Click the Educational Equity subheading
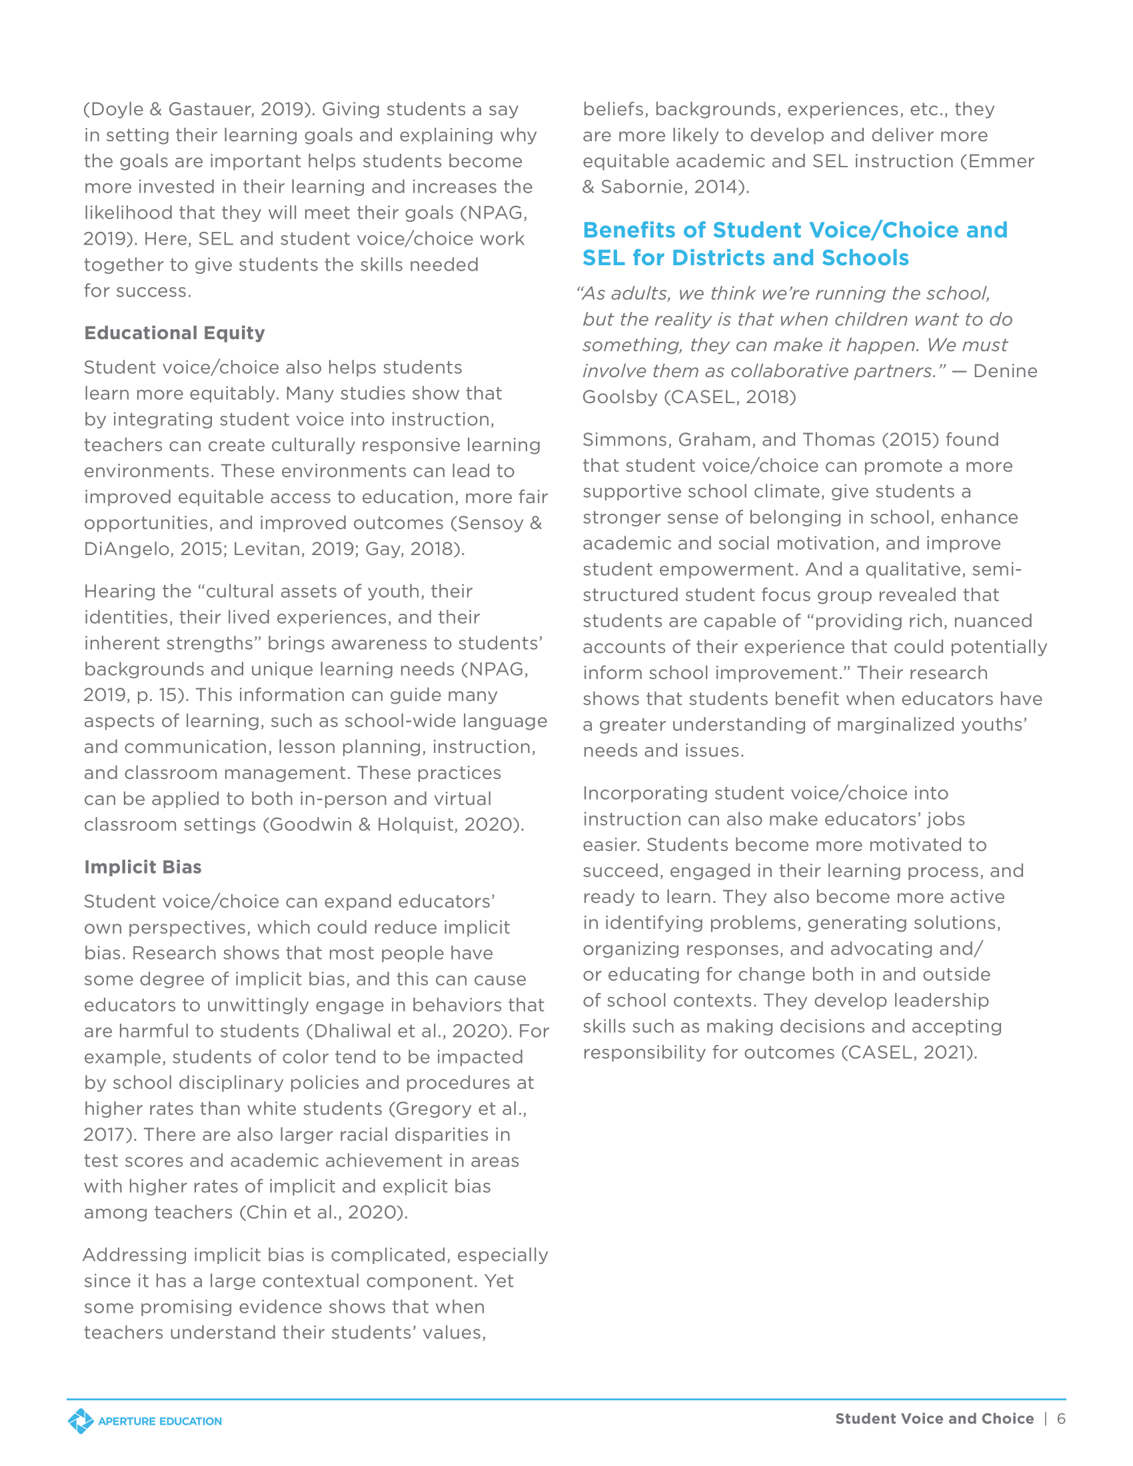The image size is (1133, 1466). click(x=175, y=333)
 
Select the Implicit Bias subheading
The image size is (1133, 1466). click(x=143, y=866)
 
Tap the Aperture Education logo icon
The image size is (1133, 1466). click(x=81, y=1421)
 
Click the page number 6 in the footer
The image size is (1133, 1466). click(x=1061, y=1418)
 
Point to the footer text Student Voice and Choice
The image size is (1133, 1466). click(x=934, y=1418)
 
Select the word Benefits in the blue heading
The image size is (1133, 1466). click(x=629, y=231)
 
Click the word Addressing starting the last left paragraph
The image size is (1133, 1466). click(x=134, y=1255)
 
